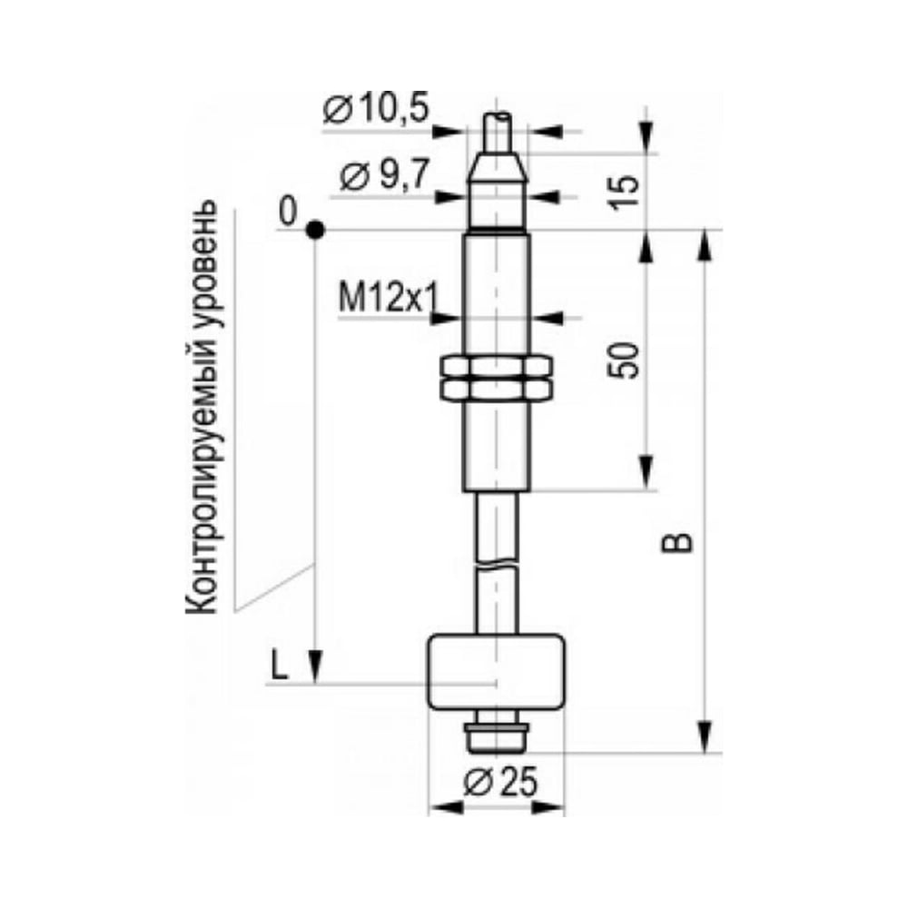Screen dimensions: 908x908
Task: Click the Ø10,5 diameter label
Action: (377, 110)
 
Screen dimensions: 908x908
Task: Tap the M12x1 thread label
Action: (389, 299)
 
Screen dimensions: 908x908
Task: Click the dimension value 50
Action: (624, 360)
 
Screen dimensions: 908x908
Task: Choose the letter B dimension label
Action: (677, 543)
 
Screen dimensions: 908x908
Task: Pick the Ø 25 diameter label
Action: (500, 783)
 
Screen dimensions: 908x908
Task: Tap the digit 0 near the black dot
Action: (287, 211)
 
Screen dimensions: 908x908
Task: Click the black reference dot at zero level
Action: (315, 230)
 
